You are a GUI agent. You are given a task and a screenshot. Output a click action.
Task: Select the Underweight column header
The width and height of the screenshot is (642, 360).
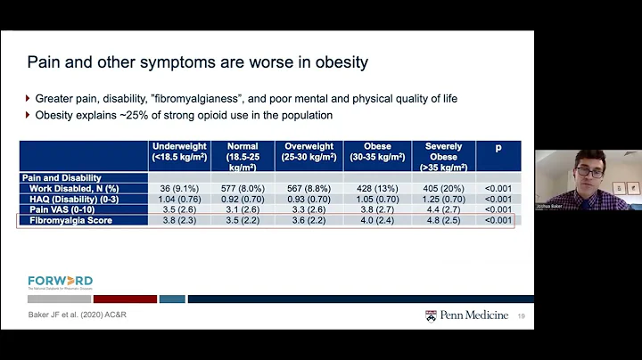179,151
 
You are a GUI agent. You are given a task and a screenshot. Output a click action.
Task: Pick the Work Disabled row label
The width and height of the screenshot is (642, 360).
73,188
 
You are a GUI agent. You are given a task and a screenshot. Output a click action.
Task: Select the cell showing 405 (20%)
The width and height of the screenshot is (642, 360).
444,188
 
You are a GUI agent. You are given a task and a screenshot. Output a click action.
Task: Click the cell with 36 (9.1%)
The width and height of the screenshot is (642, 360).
179,188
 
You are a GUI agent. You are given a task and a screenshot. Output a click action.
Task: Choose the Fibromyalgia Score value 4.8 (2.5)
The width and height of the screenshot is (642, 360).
444,220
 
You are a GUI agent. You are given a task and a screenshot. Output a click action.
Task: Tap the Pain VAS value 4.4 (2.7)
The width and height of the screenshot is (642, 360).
444,209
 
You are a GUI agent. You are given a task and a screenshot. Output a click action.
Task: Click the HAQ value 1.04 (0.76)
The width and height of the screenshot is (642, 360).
179,199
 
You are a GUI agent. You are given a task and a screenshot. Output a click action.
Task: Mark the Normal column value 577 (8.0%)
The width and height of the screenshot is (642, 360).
243,188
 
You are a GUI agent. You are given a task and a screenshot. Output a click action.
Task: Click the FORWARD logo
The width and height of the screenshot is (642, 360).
60,282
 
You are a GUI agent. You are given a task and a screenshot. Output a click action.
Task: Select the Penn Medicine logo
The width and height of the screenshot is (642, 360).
461,315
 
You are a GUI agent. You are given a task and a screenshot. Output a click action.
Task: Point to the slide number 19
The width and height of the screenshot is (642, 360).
520,315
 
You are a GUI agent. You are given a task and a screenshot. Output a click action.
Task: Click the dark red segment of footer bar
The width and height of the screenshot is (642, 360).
125,299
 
